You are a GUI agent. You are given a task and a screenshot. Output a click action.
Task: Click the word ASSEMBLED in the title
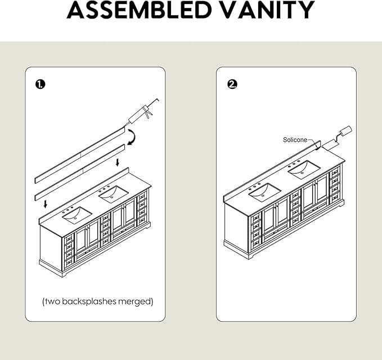coord(139,10)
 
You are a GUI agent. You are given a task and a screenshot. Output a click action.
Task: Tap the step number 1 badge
coord(40,84)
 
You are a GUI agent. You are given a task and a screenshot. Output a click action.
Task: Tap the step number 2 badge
coord(232,84)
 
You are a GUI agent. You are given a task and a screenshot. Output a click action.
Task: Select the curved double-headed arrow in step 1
coord(133,137)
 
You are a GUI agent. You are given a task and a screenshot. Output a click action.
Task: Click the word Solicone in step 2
coord(295,140)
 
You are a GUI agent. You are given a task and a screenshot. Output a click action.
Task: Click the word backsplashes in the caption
coord(89,301)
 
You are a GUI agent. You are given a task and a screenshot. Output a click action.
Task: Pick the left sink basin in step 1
coord(77,215)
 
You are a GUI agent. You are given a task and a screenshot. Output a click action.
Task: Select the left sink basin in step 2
coord(265,192)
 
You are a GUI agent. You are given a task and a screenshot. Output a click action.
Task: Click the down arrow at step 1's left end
coord(46,204)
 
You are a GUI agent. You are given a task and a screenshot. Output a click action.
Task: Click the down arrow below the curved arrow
coord(118,163)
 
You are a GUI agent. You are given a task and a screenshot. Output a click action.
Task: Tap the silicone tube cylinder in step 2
coord(345,132)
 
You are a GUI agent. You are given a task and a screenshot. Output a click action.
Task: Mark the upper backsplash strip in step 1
coord(80,155)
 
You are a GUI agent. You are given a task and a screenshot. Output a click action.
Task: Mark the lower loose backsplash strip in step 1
coord(80,173)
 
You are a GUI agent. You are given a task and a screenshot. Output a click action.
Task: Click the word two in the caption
coord(52,301)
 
